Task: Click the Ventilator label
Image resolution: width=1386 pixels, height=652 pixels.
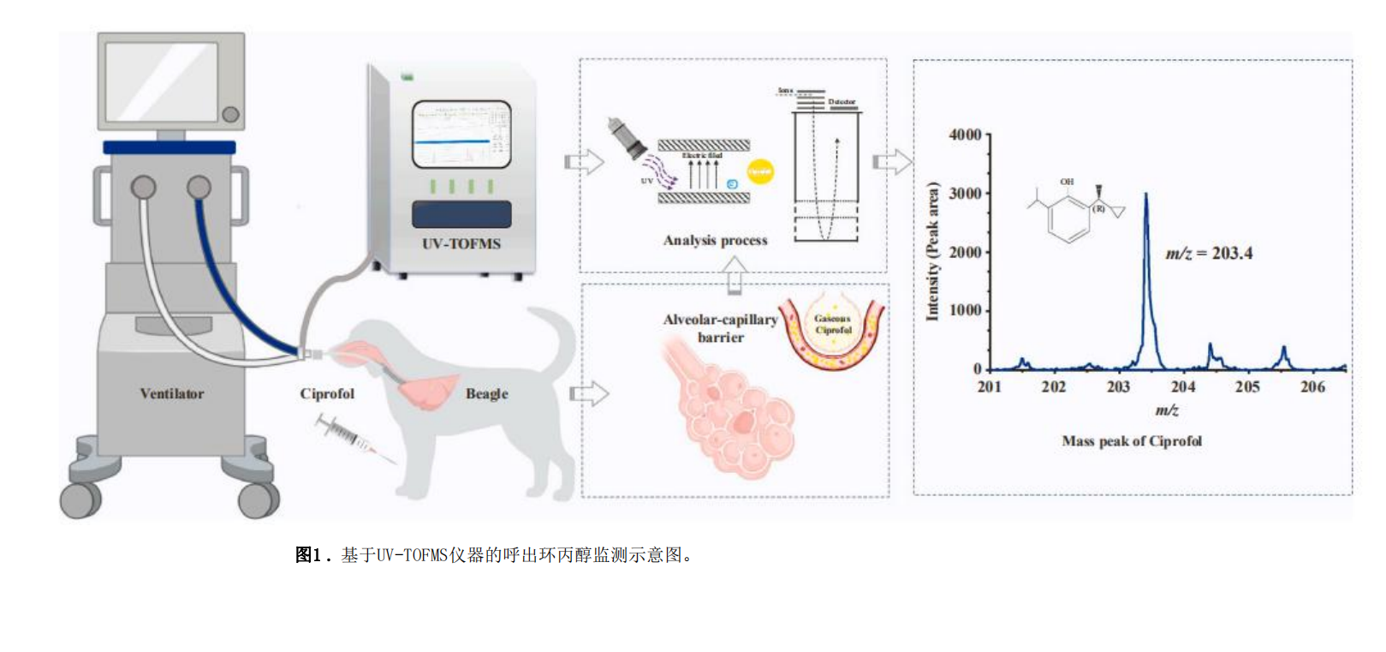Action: pyautogui.click(x=172, y=394)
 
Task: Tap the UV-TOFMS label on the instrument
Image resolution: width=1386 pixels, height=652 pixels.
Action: pyautogui.click(x=461, y=244)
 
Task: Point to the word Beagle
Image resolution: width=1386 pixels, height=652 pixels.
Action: pyautogui.click(x=486, y=394)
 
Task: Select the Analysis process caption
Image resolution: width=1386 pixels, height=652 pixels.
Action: pyautogui.click(x=715, y=241)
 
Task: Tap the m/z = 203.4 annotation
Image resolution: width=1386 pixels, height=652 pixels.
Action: pyautogui.click(x=1208, y=254)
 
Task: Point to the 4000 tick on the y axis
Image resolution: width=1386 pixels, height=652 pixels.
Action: pyautogui.click(x=965, y=135)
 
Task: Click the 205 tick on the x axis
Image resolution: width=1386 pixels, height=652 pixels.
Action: pyautogui.click(x=1247, y=387)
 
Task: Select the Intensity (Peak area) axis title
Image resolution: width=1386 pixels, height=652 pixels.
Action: pyautogui.click(x=932, y=251)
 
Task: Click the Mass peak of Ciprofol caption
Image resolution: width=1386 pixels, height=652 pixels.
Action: pyautogui.click(x=1131, y=441)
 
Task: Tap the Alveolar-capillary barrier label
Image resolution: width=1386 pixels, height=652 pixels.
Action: pyautogui.click(x=720, y=328)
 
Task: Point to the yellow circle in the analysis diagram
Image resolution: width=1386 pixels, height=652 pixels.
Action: pyautogui.click(x=760, y=171)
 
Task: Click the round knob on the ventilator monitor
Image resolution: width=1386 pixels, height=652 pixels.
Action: pyautogui.click(x=230, y=114)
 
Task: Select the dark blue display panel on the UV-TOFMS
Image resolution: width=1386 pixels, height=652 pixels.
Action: pyautogui.click(x=461, y=214)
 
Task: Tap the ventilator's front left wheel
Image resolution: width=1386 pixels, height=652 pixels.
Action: pyautogui.click(x=80, y=499)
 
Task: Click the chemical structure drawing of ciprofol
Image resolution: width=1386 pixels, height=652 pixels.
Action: pyautogui.click(x=1074, y=210)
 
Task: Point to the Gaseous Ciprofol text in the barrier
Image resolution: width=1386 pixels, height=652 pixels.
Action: pyautogui.click(x=833, y=325)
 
